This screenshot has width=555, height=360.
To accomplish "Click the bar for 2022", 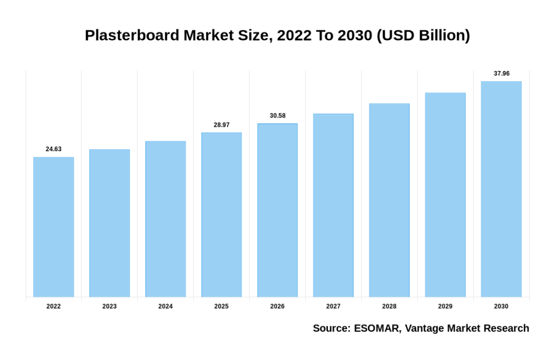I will [x=54, y=227].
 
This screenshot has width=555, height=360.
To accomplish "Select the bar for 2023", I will [x=109, y=223].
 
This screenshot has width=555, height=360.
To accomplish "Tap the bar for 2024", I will [x=165, y=219].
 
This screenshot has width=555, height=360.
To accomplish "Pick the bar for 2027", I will [x=333, y=205].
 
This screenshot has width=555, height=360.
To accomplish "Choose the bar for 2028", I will [x=389, y=200].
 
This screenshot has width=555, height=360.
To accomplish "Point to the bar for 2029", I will [x=445, y=195].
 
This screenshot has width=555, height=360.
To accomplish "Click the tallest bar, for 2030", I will [x=501, y=189].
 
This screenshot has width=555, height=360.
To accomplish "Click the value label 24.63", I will [x=54, y=149].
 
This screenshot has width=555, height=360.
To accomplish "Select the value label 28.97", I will [x=221, y=125].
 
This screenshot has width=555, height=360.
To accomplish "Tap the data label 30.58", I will [x=277, y=115].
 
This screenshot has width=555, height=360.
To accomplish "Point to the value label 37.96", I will [x=501, y=73].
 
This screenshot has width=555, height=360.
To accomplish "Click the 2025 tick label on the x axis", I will [x=221, y=306].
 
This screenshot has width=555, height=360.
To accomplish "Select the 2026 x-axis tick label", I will [x=277, y=306].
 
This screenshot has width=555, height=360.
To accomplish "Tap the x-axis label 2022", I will [x=54, y=306].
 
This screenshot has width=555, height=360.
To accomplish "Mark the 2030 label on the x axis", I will [x=501, y=306].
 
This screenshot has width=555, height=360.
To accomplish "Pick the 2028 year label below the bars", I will [x=389, y=306].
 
